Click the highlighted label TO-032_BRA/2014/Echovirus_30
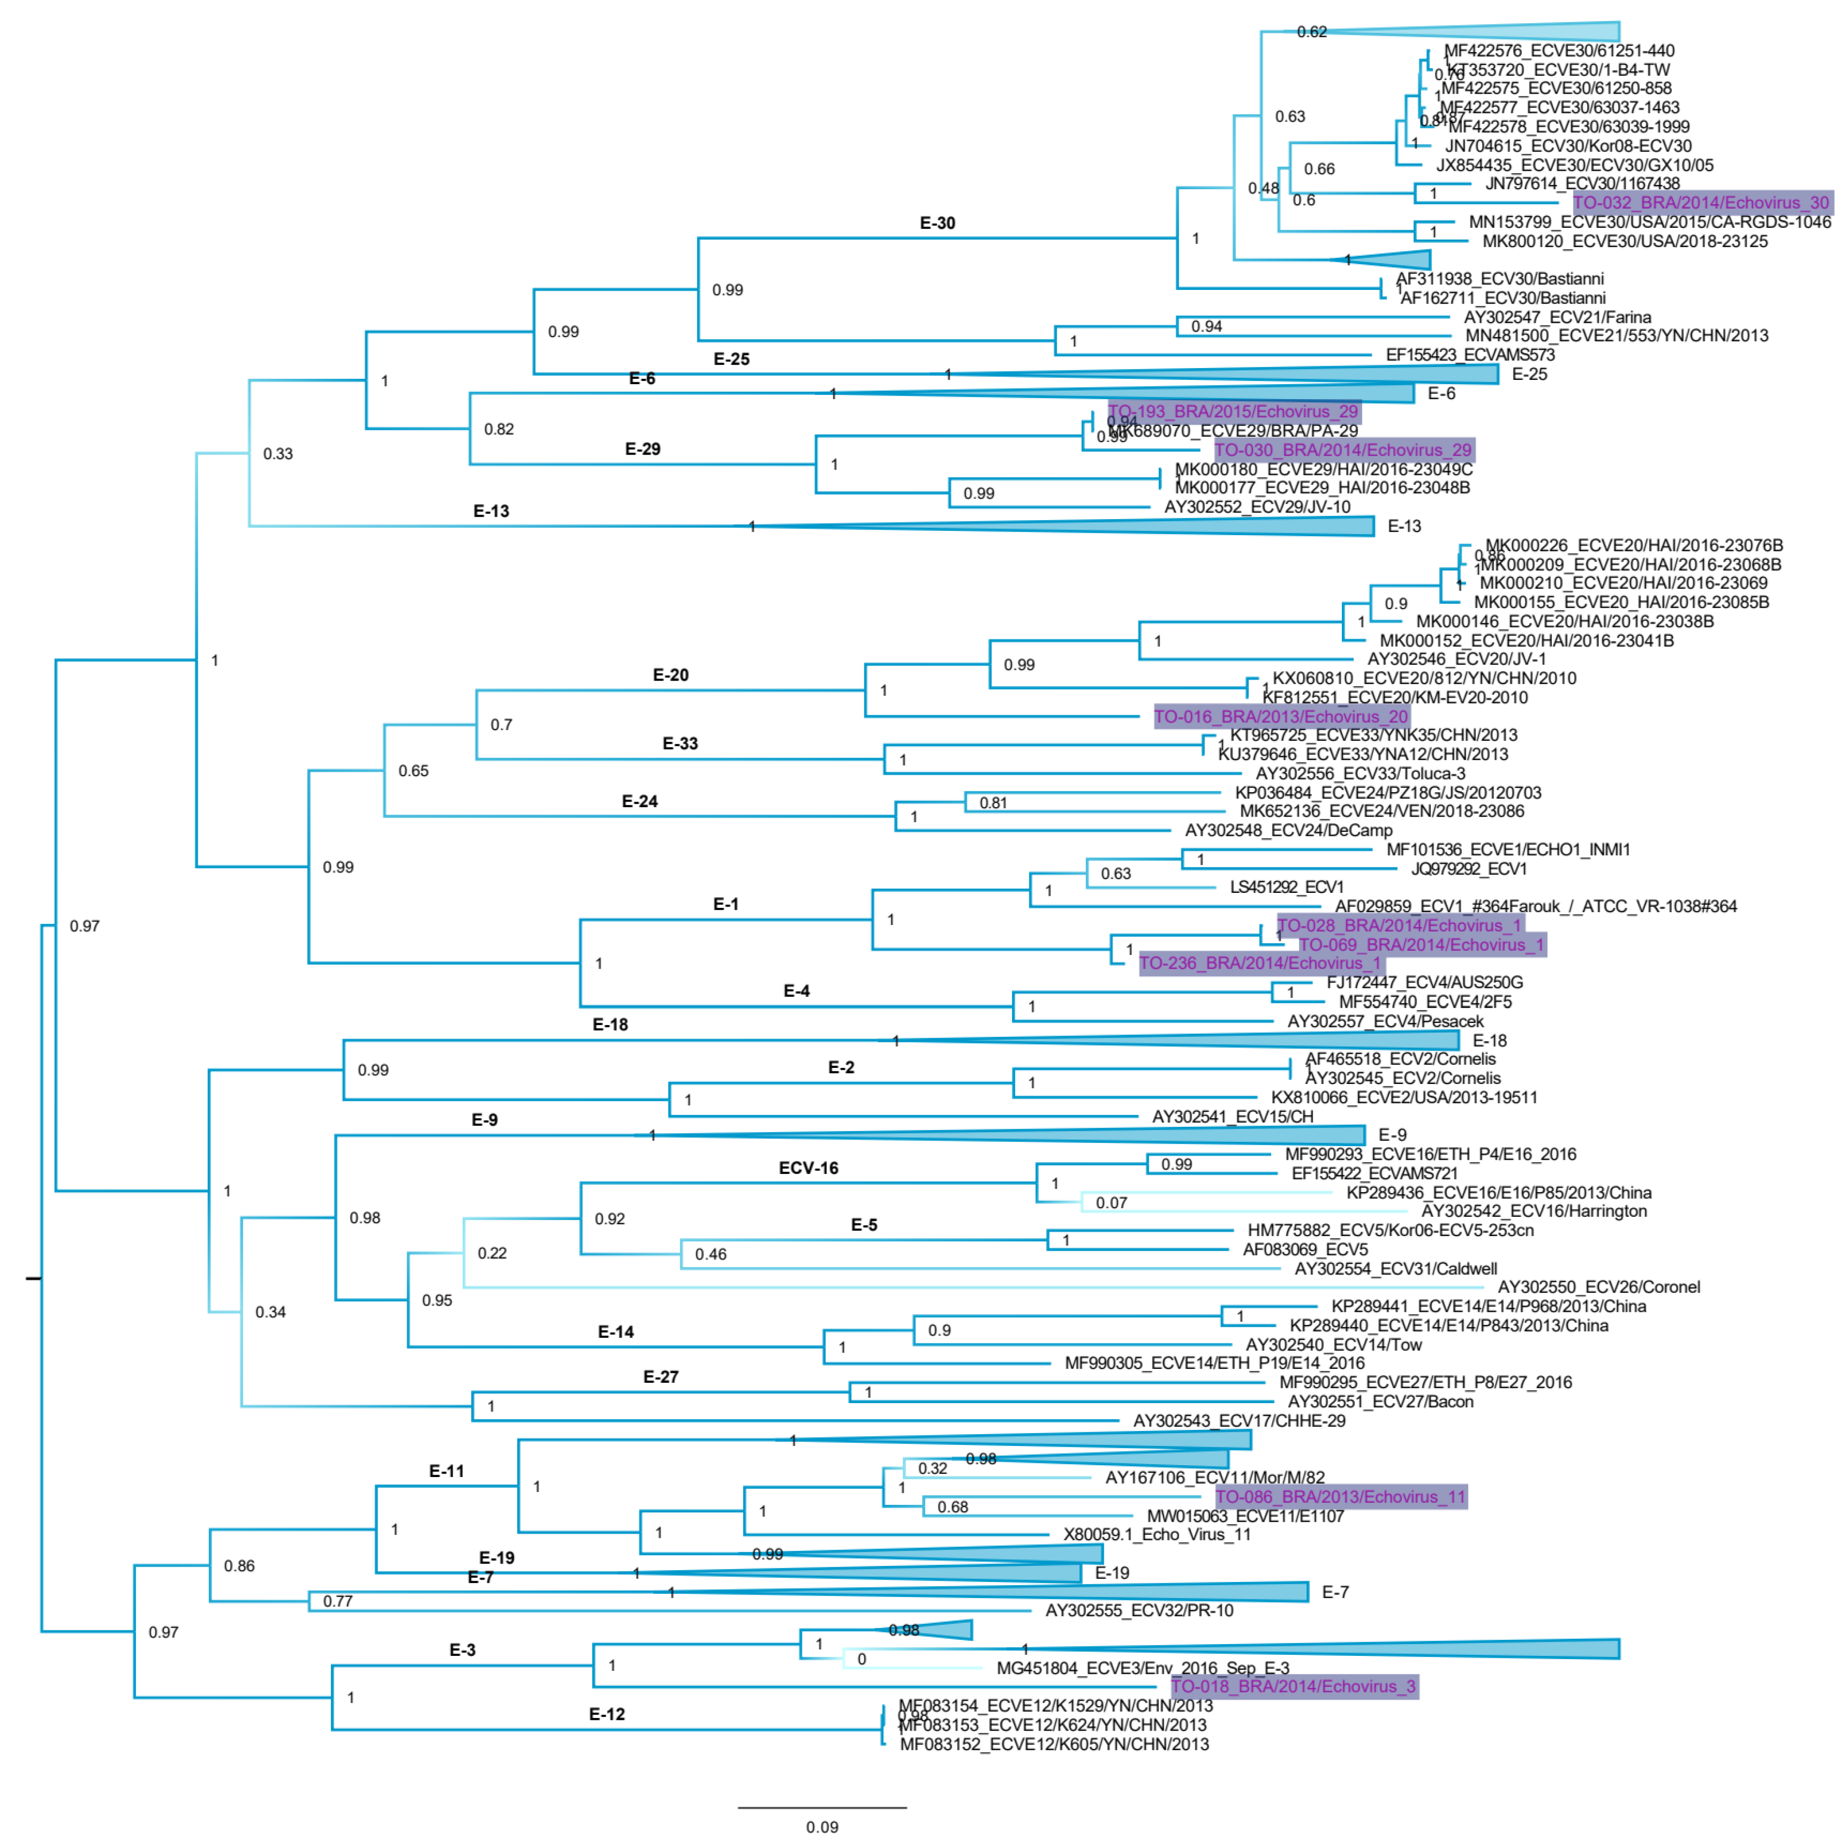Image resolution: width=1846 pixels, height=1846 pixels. coord(1701,202)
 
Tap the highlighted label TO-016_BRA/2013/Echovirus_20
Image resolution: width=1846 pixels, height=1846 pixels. coord(1280,717)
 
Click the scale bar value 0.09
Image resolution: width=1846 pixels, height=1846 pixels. coord(822,1827)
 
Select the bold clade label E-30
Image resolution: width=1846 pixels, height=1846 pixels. coord(937,223)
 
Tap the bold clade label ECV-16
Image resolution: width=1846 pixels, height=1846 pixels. coord(808,1168)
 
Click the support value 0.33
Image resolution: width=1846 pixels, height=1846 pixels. coord(278,454)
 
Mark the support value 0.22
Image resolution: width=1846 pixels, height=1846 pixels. coord(492,1252)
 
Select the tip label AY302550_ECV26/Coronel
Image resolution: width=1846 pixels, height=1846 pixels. coord(1598,1287)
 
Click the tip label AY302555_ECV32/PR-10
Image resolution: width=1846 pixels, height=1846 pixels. coord(1139,1611)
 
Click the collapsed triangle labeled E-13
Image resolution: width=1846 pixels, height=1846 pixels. coord(1242,526)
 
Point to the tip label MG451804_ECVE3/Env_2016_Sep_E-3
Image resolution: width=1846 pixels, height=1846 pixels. coord(1143,1668)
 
